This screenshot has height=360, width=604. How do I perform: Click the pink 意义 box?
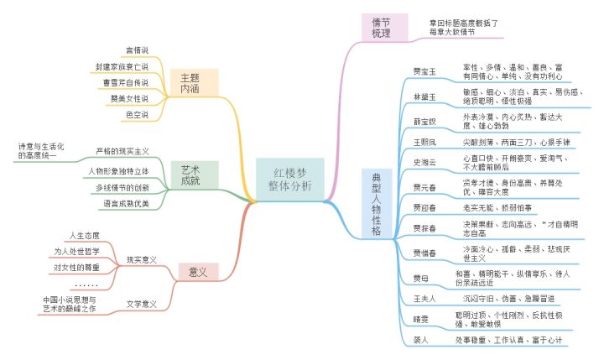click(x=198, y=271)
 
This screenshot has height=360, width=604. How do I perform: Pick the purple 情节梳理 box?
click(x=382, y=27)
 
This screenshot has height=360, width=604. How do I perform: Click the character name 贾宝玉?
click(x=425, y=70)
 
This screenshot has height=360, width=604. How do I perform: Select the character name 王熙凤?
click(x=425, y=142)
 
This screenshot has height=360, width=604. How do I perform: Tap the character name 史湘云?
click(x=425, y=163)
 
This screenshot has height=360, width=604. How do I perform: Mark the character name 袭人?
click(x=421, y=340)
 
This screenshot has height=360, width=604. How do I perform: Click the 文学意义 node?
click(x=141, y=303)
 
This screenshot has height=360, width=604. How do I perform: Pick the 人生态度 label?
click(x=84, y=235)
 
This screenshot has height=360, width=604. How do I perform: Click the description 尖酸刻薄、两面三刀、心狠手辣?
click(x=509, y=142)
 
